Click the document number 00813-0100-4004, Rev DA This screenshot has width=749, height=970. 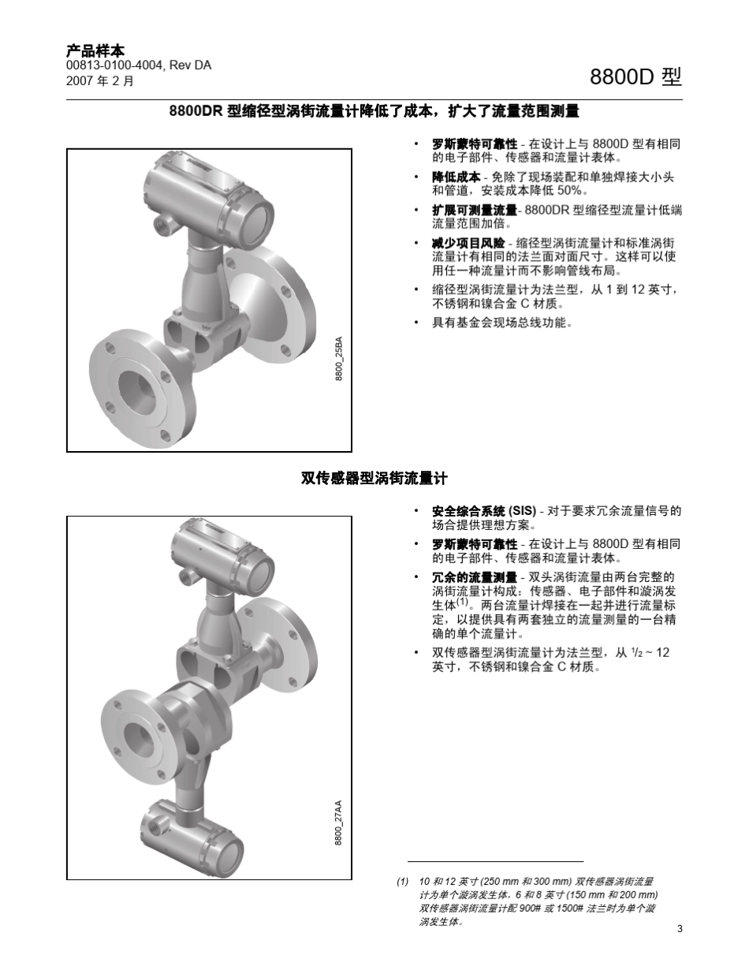click(139, 65)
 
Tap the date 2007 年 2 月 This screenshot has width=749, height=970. click(100, 80)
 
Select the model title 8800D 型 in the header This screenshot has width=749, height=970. click(635, 77)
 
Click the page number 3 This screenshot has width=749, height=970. click(679, 928)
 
